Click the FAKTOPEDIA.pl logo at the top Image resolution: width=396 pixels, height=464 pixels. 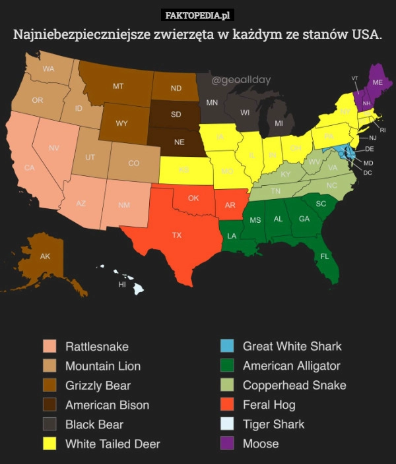click(197, 15)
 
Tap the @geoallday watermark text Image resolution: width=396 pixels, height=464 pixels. click(241, 80)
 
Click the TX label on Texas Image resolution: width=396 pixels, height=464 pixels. click(177, 235)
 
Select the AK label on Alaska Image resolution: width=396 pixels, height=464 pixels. click(45, 256)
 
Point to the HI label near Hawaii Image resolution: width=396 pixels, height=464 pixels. click(121, 285)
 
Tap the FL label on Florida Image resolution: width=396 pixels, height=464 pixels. click(325, 256)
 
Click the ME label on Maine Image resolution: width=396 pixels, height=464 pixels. click(378, 82)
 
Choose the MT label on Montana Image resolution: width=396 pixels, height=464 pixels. click(118, 86)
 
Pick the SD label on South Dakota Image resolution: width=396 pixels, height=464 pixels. click(176, 114)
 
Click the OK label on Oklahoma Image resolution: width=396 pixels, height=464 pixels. click(193, 198)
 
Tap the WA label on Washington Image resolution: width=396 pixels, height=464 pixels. click(48, 69)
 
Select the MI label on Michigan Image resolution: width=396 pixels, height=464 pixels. click(279, 123)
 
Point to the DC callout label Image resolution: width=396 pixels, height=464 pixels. click(368, 173)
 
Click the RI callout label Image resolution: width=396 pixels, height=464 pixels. click(383, 130)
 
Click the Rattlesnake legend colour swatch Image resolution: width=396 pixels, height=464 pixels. click(49, 346)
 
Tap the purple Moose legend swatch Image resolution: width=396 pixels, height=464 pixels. click(227, 444)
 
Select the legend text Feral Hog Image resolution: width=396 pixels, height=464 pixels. click(269, 405)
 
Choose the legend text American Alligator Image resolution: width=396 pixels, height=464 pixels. click(291, 366)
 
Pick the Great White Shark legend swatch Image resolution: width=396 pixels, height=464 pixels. click(227, 346)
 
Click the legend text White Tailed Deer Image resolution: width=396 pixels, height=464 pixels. click(112, 444)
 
